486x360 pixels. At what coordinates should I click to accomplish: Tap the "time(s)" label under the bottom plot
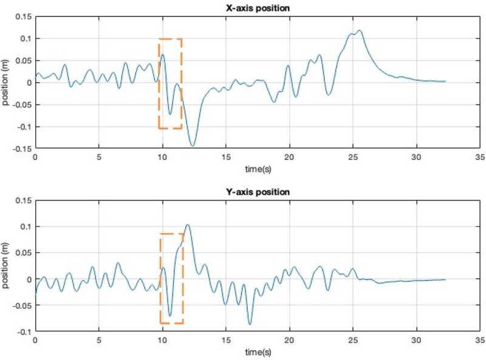pyautogui.click(x=259, y=351)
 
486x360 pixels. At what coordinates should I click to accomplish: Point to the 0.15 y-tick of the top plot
pyautogui.click(x=23, y=16)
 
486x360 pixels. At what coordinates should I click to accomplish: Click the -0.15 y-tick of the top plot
pyautogui.click(x=22, y=148)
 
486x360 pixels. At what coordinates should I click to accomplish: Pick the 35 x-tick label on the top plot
pyautogui.click(x=481, y=156)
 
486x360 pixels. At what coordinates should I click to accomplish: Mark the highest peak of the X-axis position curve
pyautogui.click(x=360, y=30)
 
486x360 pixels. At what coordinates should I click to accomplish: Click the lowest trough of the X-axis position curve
pyautogui.click(x=193, y=146)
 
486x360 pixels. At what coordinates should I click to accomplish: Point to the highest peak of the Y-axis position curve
pyautogui.click(x=187, y=225)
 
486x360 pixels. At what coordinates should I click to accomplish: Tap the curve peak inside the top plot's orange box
pyautogui.click(x=163, y=55)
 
